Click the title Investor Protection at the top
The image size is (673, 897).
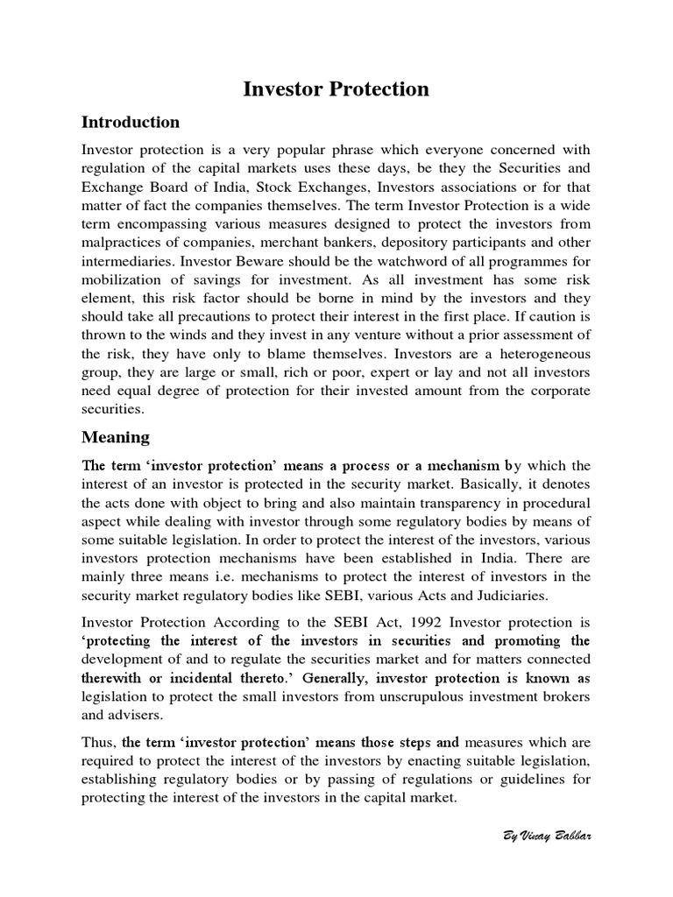pyautogui.click(x=336, y=89)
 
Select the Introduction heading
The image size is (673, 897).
pyautogui.click(x=131, y=122)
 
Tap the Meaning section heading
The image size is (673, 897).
pyautogui.click(x=116, y=436)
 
